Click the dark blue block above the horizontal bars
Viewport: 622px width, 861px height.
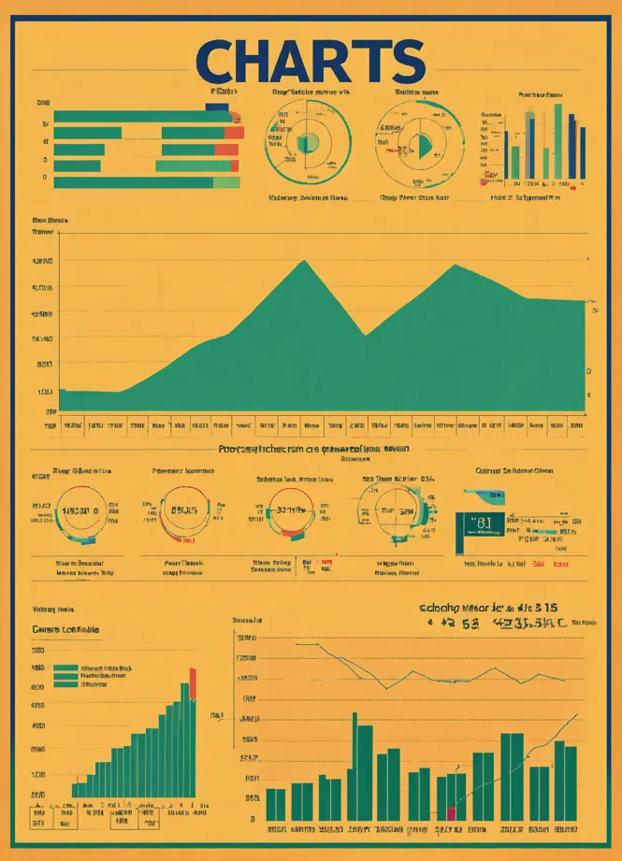click(217, 108)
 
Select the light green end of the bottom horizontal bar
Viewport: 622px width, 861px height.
click(225, 182)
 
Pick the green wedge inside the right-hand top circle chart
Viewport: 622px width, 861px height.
click(423, 145)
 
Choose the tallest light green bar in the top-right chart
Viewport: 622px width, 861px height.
click(557, 140)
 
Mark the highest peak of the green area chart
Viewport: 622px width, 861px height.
click(305, 262)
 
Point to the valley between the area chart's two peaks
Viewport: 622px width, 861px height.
click(365, 334)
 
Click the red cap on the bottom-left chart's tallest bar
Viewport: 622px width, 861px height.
click(193, 682)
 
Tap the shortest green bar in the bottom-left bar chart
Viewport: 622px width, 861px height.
click(76, 790)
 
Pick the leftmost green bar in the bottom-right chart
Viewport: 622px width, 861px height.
click(276, 804)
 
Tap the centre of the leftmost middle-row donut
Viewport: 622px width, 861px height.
click(80, 512)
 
